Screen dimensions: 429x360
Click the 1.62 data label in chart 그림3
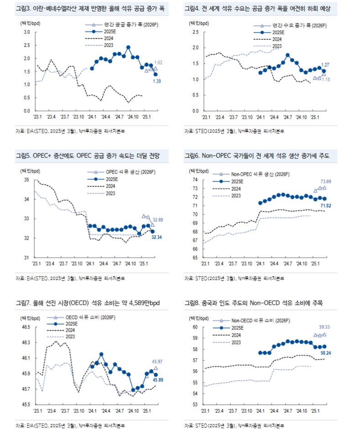tap(159, 63)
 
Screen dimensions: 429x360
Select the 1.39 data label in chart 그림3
tap(157, 81)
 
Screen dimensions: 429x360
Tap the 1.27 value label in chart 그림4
tap(325, 64)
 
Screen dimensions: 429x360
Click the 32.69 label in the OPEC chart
tap(158, 220)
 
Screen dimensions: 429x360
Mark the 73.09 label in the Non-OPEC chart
tap(326, 181)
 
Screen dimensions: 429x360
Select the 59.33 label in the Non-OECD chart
tap(326, 327)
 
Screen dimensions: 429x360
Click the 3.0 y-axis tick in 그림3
tap(26, 32)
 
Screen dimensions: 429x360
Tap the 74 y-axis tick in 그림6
tap(195, 180)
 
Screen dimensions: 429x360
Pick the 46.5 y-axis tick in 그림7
tap(25, 327)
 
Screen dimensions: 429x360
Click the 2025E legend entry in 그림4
tap(278, 33)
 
